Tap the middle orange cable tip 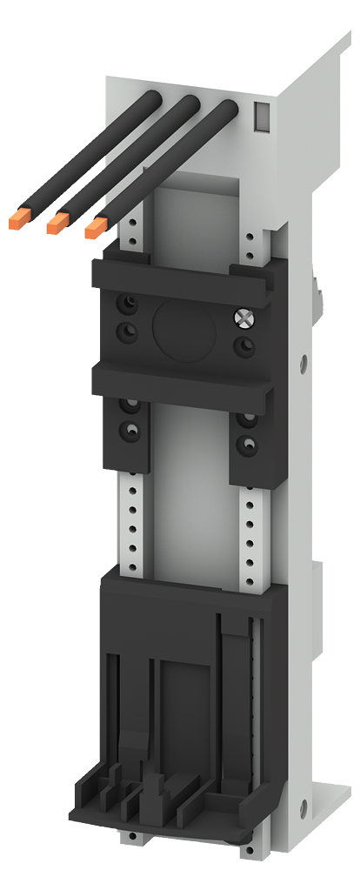54,227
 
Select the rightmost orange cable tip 91,233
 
